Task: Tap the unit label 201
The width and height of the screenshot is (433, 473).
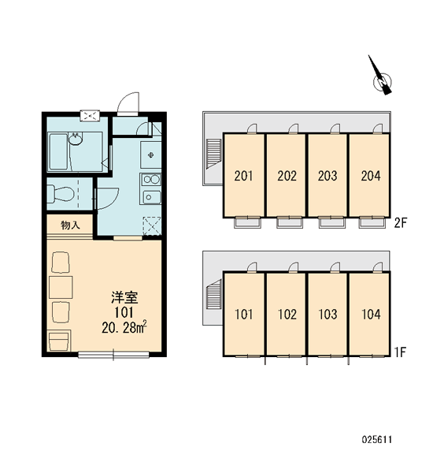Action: (243, 176)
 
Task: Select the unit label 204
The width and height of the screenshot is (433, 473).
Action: (371, 176)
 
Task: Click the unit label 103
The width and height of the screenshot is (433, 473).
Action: (328, 315)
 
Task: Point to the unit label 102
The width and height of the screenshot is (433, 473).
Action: (287, 315)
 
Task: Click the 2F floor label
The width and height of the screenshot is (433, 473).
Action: (401, 223)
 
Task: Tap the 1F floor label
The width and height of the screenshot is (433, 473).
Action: (401, 352)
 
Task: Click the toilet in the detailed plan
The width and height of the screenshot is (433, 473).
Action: (61, 193)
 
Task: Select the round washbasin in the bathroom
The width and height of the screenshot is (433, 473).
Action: (76, 140)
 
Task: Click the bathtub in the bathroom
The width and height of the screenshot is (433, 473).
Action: (58, 151)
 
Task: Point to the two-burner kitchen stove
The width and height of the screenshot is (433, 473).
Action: (150, 180)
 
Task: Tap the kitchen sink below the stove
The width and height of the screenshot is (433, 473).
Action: (150, 197)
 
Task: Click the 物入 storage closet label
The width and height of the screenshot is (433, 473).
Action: (70, 225)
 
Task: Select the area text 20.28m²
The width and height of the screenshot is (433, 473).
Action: (124, 327)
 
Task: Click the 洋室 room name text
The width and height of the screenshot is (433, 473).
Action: (124, 297)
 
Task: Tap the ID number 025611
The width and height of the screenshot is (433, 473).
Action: (377, 440)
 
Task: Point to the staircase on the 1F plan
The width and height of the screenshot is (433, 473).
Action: (214, 294)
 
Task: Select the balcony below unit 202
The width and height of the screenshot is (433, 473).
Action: (289, 222)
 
